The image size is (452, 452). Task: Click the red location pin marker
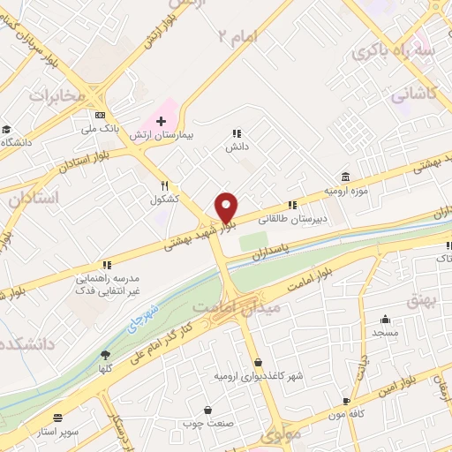(x=227, y=207)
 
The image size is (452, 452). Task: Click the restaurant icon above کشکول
(x=164, y=185)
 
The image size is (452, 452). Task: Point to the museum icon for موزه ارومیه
(x=345, y=177)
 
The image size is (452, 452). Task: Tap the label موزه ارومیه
(x=345, y=191)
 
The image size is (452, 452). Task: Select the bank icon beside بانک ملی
(x=100, y=115)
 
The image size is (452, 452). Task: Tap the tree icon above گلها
(x=106, y=354)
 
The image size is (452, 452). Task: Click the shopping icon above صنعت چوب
(x=207, y=410)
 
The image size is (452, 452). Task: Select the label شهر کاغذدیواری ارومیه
(x=258, y=376)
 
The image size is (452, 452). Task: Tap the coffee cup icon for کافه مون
(x=346, y=400)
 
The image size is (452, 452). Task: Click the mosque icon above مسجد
(x=385, y=319)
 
